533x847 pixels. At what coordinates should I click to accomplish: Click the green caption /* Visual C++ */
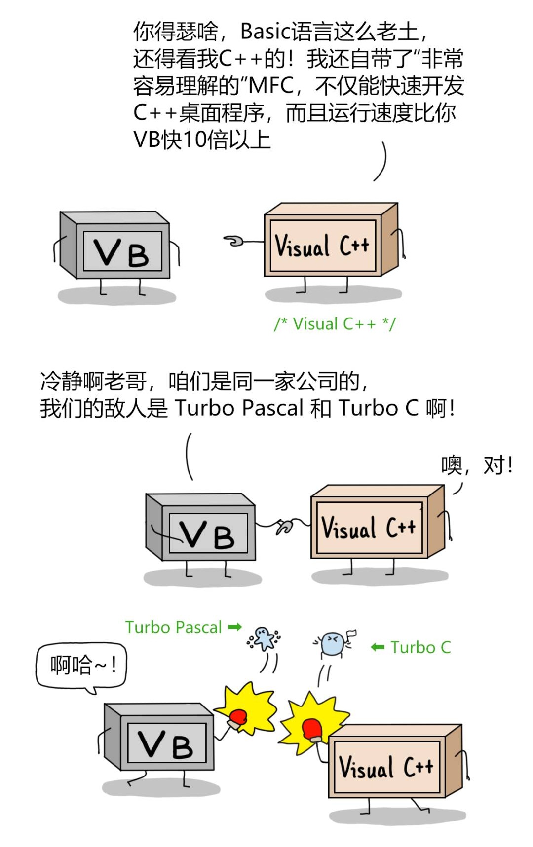pos(335,324)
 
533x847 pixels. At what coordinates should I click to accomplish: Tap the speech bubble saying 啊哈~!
pos(82,666)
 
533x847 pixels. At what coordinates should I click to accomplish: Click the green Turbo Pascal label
pos(173,627)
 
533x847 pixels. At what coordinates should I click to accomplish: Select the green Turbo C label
pos(420,647)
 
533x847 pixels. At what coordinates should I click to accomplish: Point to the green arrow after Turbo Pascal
pos(235,627)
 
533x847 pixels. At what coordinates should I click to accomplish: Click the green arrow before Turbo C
pos(378,647)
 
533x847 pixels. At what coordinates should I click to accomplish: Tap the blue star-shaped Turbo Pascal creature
pos(264,639)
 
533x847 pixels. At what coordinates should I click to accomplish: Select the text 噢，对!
pos(476,465)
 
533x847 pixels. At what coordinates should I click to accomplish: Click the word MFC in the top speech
pos(271,86)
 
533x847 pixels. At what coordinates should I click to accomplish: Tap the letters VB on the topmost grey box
pos(122,252)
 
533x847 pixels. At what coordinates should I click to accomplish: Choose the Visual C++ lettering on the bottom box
pos(385,767)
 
